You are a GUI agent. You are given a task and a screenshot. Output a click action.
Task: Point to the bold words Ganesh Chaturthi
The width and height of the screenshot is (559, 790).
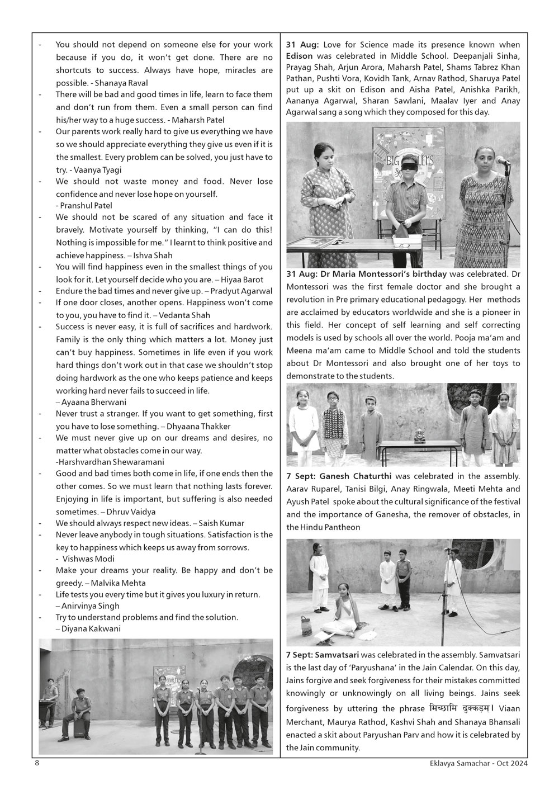point(358,476)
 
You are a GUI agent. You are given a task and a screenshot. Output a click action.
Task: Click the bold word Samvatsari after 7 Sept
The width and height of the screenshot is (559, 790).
point(337,655)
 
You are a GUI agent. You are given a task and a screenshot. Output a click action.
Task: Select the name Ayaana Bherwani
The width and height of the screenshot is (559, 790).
point(93,402)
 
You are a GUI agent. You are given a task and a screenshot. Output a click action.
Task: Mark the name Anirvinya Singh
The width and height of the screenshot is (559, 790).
point(89,605)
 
